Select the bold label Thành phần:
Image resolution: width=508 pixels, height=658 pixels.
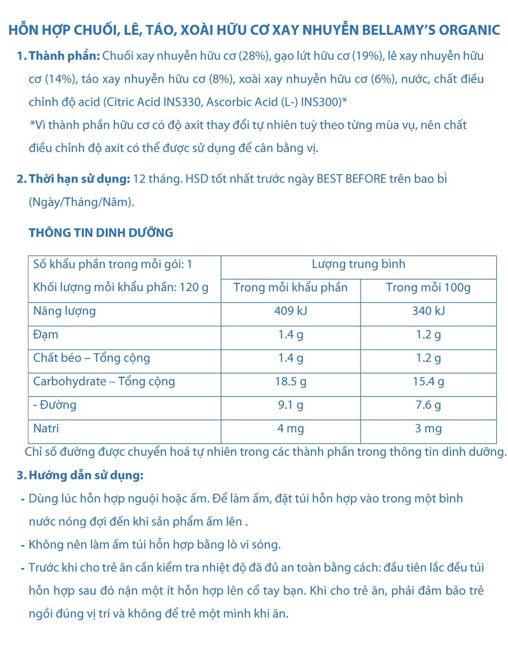[x=64, y=56]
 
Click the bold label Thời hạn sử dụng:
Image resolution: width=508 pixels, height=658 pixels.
[x=79, y=179]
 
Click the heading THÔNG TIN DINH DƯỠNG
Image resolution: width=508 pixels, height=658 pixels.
[x=101, y=232]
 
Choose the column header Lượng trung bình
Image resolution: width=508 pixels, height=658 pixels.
[x=358, y=264]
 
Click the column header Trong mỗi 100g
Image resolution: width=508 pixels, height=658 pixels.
[x=428, y=287]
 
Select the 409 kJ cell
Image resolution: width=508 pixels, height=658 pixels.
[x=290, y=311]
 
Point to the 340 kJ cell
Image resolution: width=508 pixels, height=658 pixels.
[x=428, y=311]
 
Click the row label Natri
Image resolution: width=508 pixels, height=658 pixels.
[x=47, y=428]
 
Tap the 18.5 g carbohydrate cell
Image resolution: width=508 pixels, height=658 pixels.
[x=290, y=382]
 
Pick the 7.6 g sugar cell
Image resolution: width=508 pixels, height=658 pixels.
[x=428, y=405]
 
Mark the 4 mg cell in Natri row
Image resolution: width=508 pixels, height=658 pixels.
[x=290, y=428]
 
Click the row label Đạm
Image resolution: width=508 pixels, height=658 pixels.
[x=46, y=334]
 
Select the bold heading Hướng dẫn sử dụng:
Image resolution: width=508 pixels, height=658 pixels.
[x=85, y=475]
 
